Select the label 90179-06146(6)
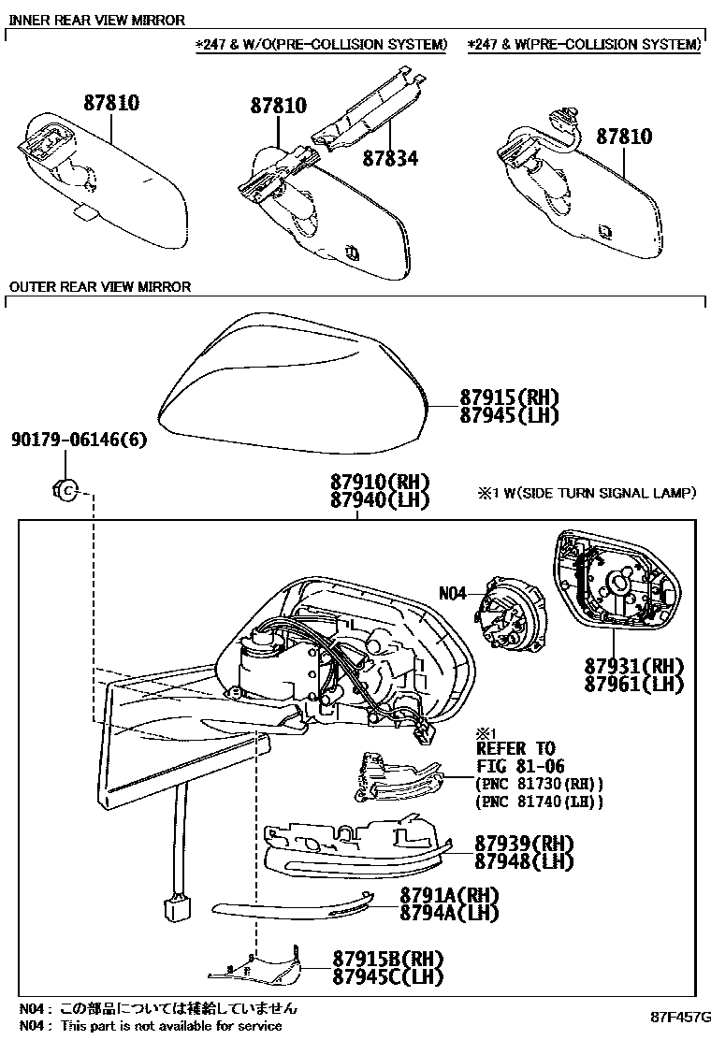pyautogui.click(x=80, y=440)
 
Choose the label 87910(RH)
pyautogui.click(x=379, y=483)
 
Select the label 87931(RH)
pyautogui.click(x=634, y=667)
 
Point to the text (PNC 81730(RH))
pyautogui.click(x=539, y=784)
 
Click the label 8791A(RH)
pyautogui.click(x=449, y=894)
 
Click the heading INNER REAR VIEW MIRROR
pyautogui.click(x=96, y=20)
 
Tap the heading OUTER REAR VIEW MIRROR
pyautogui.click(x=99, y=287)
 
